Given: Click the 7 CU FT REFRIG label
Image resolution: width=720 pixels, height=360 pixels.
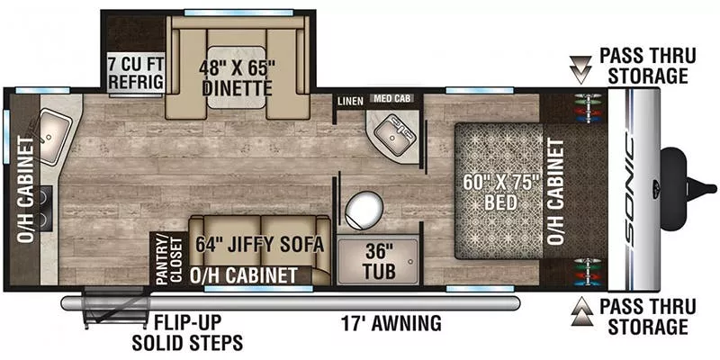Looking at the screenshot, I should pos(136,73).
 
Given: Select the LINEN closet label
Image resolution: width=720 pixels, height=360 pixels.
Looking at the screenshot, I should pos(349,102).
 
